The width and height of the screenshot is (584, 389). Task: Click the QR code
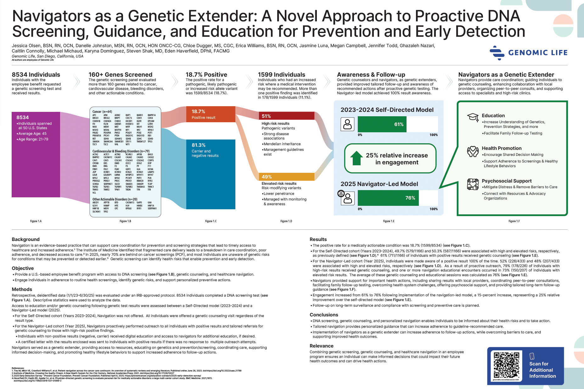pos(506,365)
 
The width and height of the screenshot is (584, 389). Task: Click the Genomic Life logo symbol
pos(497,53)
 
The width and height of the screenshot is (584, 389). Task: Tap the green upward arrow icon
pos(356,158)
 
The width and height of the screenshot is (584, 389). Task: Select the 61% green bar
pos(382,124)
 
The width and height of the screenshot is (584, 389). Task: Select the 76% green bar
pos(388,198)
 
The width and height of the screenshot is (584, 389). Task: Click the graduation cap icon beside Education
pos(473,117)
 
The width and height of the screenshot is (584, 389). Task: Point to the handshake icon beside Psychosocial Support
pos(473,184)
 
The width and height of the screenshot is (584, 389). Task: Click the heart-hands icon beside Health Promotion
pos(473,151)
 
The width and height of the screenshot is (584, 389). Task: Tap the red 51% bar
pos(286,116)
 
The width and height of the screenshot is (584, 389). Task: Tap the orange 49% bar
pos(286,177)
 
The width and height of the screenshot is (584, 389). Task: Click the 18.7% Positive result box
pos(211,114)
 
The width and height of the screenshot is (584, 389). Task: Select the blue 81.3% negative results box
pos(211,174)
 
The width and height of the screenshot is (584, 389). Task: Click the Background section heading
pos(25,239)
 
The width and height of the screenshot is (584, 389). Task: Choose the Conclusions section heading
pos(324,315)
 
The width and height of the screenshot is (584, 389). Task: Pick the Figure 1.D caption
pos(286,221)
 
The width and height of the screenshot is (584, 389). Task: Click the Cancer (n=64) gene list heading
pos(102,112)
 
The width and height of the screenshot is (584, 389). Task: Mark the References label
pos(18,368)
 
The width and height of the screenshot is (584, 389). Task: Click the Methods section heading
pos(22,289)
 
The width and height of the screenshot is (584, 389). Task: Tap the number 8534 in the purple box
pos(23,118)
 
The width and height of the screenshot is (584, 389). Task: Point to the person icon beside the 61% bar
pos(347,124)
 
